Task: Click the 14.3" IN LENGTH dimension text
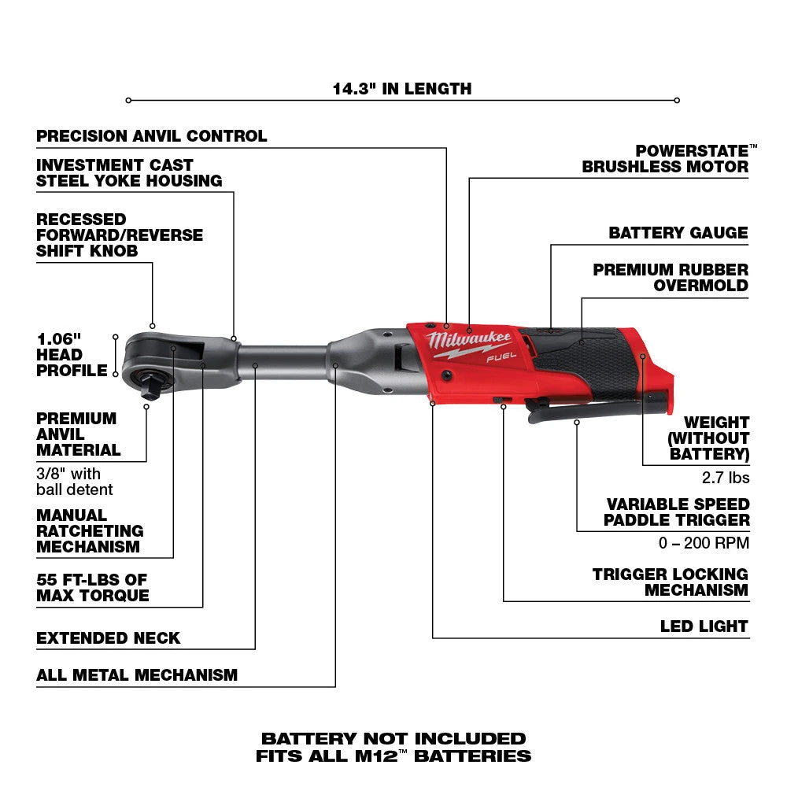coord(401,89)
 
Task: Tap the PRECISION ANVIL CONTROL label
coord(152,136)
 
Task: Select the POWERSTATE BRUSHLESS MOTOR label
coord(666,159)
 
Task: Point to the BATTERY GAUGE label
coord(678,233)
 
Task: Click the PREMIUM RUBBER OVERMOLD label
coord(671,278)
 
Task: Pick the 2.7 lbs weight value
coord(724,478)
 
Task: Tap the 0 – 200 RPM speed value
coord(704,543)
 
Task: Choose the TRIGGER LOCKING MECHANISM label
coord(671,582)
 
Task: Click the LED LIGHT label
coord(704,626)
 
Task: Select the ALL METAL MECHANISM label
coord(137,674)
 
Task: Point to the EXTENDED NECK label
coord(109,638)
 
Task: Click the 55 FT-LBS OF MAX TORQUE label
coord(93,587)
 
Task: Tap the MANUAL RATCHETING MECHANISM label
coord(90,531)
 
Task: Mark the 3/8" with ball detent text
coord(75,482)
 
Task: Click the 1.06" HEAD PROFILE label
coord(70,354)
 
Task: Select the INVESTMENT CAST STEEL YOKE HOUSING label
coord(129,173)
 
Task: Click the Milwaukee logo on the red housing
coord(470,342)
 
